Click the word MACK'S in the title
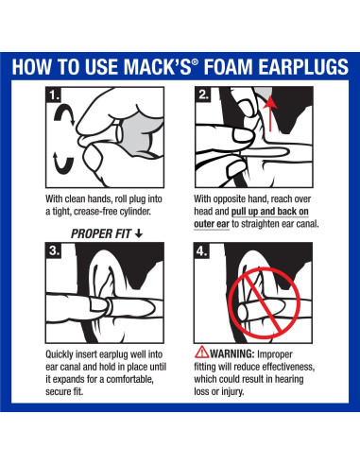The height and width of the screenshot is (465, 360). pos(157,67)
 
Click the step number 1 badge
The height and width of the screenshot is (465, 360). pos(54,95)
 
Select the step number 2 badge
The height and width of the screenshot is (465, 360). pos(203,95)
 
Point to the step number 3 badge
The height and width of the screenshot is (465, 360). pos(54,250)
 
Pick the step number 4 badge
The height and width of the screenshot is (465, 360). pos(202,251)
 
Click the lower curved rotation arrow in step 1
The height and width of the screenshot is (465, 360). pos(63,164)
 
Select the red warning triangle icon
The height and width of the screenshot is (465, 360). pos(201,353)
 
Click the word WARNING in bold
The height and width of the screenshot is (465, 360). pos(231,353)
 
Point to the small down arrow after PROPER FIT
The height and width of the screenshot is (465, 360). pos(139,233)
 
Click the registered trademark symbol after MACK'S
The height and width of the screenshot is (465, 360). pos(195,61)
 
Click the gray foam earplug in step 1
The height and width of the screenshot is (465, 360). pos(142,134)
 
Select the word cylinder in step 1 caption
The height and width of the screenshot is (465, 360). pos(135,212)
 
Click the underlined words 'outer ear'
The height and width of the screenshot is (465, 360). pos(212,224)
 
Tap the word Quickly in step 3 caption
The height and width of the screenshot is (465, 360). pos(60,354)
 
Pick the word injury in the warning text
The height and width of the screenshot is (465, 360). pos(232,391)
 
